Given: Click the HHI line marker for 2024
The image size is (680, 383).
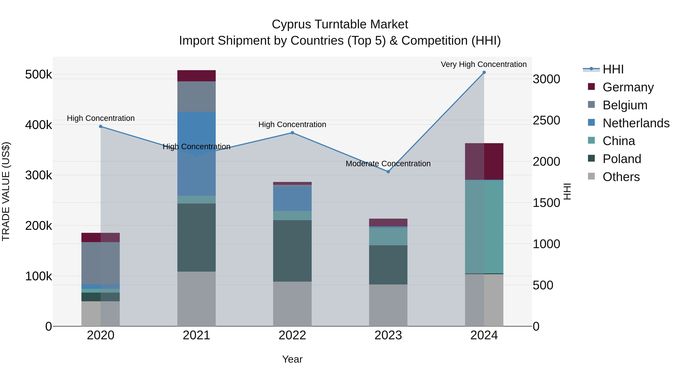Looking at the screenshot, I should (484, 72).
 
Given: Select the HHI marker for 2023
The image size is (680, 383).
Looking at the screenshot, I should (388, 172).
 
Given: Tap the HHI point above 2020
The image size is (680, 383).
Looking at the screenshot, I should (100, 127).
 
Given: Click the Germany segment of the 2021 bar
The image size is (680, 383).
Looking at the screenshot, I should (196, 76).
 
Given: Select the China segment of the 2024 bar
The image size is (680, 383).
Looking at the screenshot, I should (484, 227).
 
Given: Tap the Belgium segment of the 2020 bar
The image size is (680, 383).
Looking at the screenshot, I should (100, 263).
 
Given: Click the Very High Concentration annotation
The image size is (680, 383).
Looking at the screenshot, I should (484, 64).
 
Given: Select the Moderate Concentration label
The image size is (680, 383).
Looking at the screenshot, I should (388, 164).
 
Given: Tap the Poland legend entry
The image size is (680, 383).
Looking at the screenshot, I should (622, 159).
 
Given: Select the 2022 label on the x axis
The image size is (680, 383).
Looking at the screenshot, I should (292, 335).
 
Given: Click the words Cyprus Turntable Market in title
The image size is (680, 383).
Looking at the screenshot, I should (340, 24).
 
